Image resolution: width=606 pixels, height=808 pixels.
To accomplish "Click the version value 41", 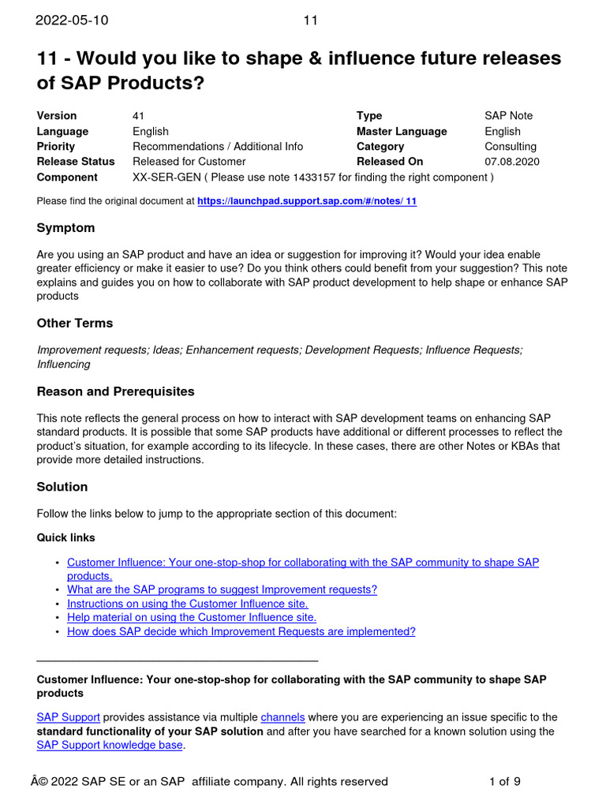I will (x=139, y=116).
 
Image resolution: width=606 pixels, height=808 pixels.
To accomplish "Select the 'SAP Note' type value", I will (x=508, y=116).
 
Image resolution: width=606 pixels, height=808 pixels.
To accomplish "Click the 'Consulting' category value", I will (x=511, y=147).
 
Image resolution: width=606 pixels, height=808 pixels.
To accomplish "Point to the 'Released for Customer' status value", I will (x=189, y=162).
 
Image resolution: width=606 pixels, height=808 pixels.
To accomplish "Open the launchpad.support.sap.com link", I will (x=307, y=201).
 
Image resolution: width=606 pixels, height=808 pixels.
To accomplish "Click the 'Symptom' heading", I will (x=65, y=228).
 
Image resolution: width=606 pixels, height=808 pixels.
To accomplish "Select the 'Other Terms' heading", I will (x=75, y=324).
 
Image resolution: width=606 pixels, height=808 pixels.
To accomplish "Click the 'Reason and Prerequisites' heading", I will (x=115, y=392).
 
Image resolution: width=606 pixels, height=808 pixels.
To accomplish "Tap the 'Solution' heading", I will (x=62, y=487).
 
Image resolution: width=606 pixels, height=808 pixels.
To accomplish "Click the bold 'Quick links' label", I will (x=66, y=538).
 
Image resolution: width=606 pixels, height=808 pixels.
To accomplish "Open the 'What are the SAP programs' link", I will (x=222, y=589).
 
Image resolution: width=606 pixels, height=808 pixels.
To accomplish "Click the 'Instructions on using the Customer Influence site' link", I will (x=187, y=604).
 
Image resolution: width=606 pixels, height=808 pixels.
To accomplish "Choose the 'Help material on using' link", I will (x=192, y=618).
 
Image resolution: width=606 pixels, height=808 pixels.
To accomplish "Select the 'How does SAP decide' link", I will (x=241, y=632).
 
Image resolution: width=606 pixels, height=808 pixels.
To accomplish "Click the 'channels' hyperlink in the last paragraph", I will (x=282, y=717).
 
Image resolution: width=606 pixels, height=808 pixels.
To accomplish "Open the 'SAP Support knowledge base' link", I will (x=110, y=746).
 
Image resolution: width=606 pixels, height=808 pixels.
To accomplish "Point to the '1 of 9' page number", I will (x=505, y=782).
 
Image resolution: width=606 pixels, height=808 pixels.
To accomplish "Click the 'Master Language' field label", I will (x=402, y=132).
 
